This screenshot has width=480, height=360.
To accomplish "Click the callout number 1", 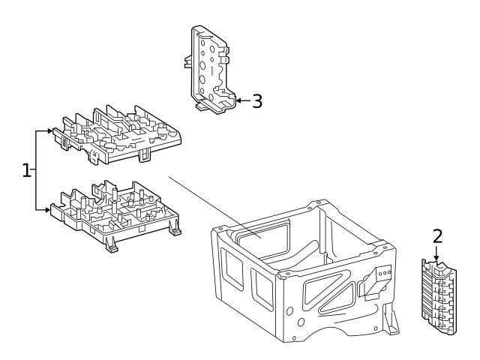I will [27, 171].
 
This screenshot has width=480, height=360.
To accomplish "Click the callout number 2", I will [437, 237].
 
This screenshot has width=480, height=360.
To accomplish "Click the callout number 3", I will [257, 100].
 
